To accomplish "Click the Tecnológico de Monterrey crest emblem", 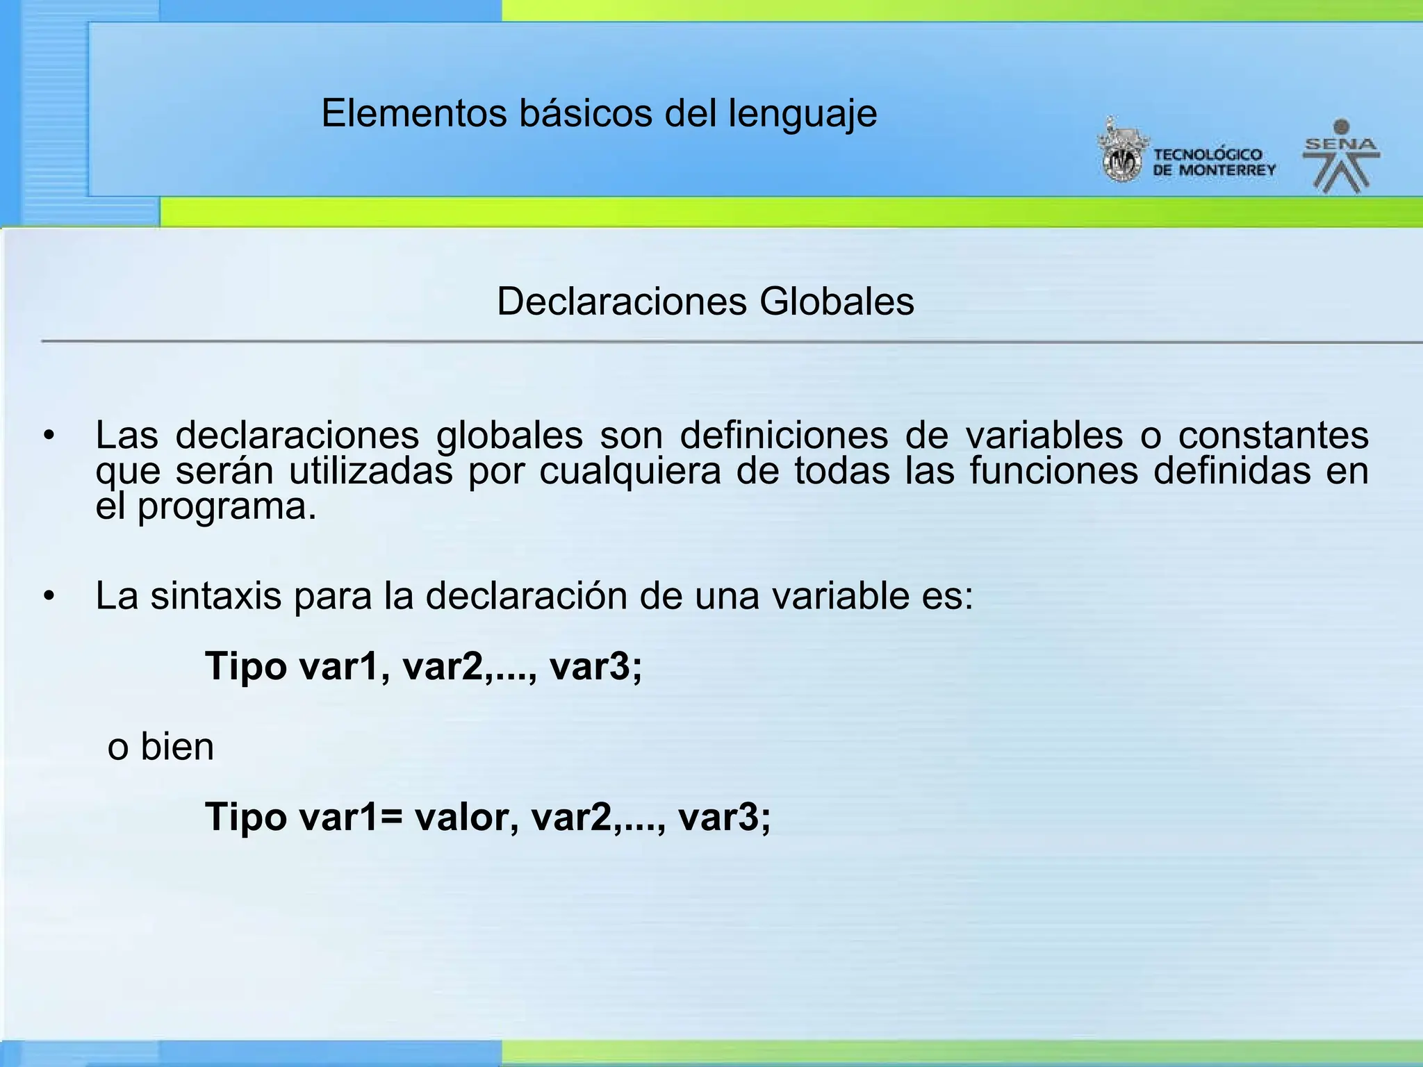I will tap(1121, 151).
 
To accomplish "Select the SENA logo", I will tap(1341, 157).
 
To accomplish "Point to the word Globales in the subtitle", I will tap(837, 301).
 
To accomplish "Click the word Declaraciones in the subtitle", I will tap(623, 301).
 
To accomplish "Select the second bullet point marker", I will tap(48, 596).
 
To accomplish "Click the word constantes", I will tap(1274, 436).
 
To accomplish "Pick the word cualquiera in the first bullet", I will tap(630, 471).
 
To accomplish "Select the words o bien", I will tap(161, 747).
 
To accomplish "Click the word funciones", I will tap(1053, 471).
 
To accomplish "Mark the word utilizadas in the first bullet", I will tap(371, 471).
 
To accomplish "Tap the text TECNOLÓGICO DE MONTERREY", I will tap(1214, 163).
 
